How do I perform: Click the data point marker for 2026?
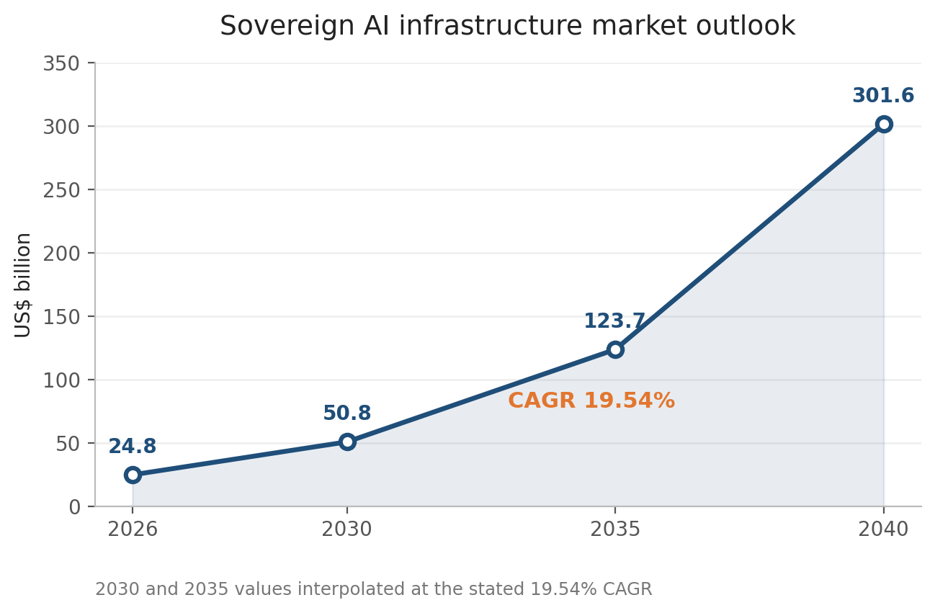point(133,475)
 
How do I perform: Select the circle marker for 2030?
point(347,442)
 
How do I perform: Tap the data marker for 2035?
point(615,349)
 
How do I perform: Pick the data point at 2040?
point(884,125)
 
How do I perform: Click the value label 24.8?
point(133,447)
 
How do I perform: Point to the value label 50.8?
point(347,413)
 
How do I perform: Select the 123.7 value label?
point(615,321)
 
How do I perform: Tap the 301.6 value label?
point(883,96)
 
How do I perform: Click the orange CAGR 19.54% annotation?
point(591,401)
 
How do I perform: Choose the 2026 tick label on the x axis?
point(133,529)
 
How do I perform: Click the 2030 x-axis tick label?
point(347,529)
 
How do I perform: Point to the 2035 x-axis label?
point(615,529)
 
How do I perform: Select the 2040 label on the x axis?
point(883,529)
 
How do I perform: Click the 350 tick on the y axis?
point(61,64)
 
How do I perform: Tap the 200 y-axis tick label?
point(61,254)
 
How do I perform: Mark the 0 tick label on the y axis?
point(75,507)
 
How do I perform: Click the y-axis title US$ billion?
point(22,285)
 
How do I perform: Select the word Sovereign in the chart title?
point(287,26)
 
